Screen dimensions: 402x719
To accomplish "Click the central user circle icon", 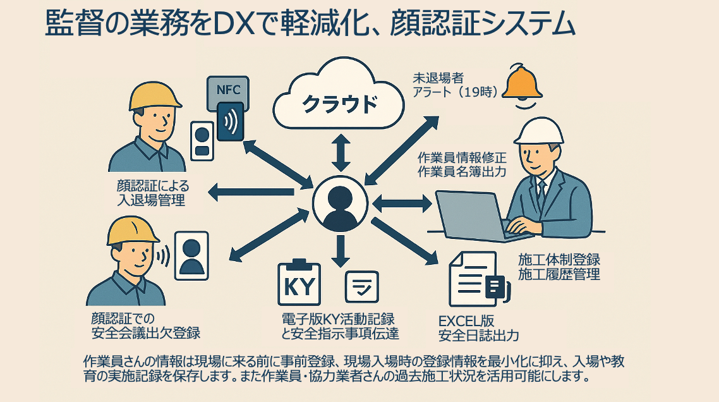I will click(340, 202).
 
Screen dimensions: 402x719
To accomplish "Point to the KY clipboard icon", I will click(299, 284).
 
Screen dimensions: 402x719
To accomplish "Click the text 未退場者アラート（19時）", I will click(455, 85).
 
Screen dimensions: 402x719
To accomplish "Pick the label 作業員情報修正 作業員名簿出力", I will click(462, 165).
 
